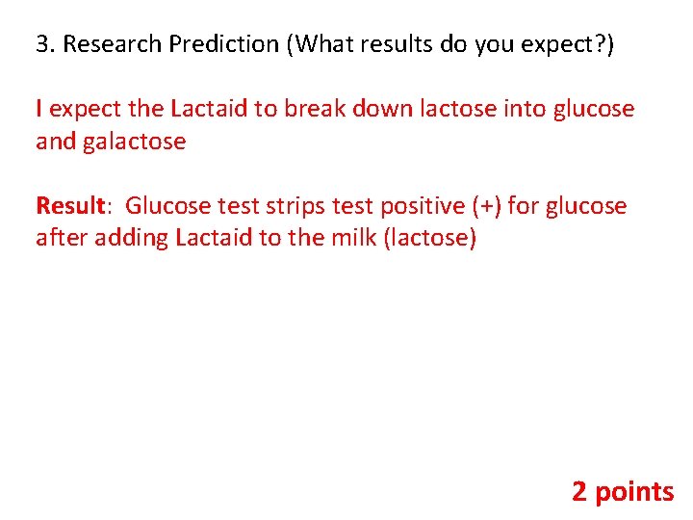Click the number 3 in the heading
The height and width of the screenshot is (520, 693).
coord(41,44)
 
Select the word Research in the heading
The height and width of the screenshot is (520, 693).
coord(101,44)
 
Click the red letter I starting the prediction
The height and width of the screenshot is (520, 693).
coord(38,109)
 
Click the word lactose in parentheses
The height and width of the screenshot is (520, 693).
coord(429,238)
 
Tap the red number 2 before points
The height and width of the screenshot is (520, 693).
coord(579,492)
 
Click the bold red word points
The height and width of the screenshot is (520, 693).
coord(635,492)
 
